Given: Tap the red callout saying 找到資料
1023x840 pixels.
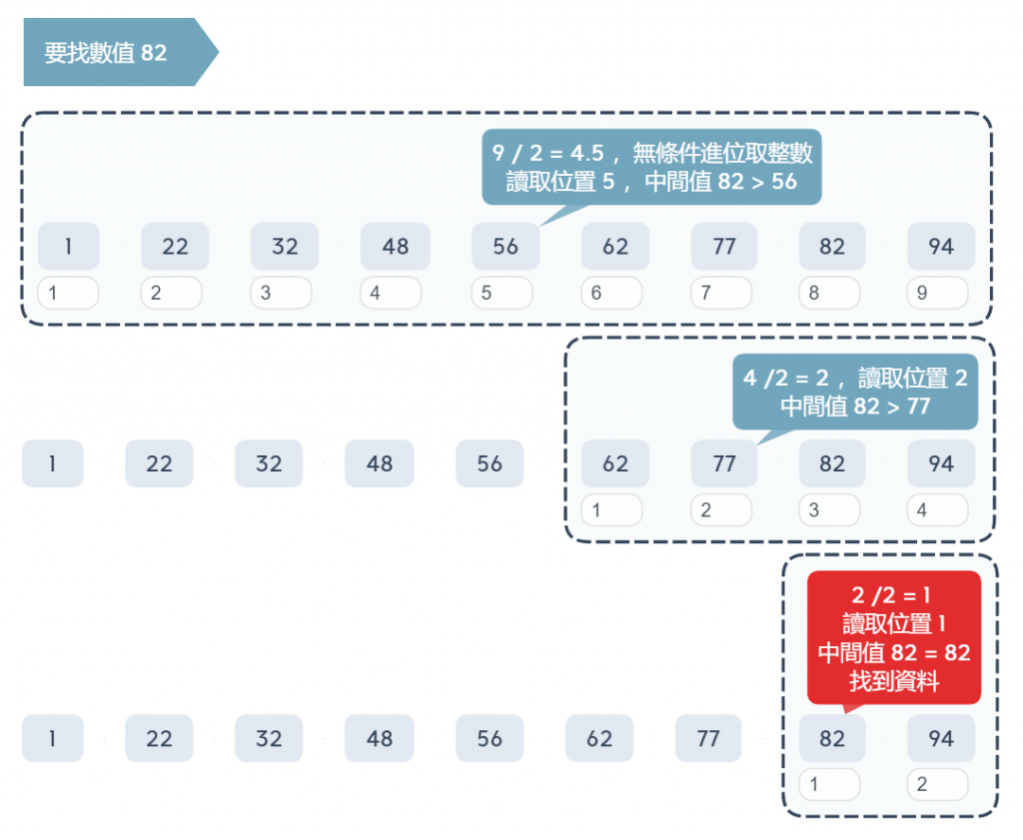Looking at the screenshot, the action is pyautogui.click(x=894, y=638).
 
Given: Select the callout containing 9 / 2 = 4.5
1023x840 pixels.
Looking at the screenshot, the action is pyautogui.click(x=651, y=167).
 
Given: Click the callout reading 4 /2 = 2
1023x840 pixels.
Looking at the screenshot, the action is pyautogui.click(x=855, y=392).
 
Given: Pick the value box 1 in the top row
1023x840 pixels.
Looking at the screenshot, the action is pyautogui.click(x=68, y=246).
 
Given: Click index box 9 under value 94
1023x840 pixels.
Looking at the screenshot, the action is pyautogui.click(x=937, y=294).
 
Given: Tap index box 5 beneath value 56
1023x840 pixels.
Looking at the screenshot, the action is pyautogui.click(x=502, y=294).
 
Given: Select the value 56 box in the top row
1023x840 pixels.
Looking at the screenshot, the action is pyautogui.click(x=506, y=246).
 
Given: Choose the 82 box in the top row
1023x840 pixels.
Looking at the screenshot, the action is pyautogui.click(x=832, y=246).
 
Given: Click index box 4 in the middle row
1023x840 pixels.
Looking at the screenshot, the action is pyautogui.click(x=937, y=510).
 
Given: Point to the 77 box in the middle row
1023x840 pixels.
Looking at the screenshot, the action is pyautogui.click(x=724, y=463).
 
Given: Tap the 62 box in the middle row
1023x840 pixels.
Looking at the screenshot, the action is pyautogui.click(x=615, y=463).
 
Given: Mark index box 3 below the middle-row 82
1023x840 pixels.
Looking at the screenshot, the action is pyautogui.click(x=829, y=510).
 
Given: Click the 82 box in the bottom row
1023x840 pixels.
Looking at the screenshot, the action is pyautogui.click(x=832, y=739).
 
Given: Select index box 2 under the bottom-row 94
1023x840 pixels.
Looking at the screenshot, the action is pyautogui.click(x=937, y=785).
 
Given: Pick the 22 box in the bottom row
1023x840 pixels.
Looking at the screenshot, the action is pyautogui.click(x=159, y=739).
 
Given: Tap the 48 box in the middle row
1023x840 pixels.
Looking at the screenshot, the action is pyautogui.click(x=379, y=463).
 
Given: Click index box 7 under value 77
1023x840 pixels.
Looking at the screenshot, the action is pyautogui.click(x=720, y=294).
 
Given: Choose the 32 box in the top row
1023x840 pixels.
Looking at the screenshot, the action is pyautogui.click(x=285, y=246).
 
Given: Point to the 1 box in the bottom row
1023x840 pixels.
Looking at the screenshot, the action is pyautogui.click(x=52, y=739).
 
